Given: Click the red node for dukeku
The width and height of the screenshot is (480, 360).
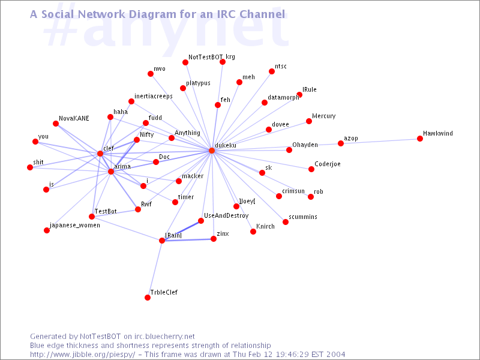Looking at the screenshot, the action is pyautogui.click(x=212, y=151).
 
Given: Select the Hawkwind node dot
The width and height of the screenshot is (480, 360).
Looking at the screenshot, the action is pyautogui.click(x=420, y=139).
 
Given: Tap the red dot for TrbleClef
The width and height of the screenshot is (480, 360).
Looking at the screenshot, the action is pyautogui.click(x=148, y=298).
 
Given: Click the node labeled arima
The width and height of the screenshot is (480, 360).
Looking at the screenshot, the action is pyautogui.click(x=111, y=172).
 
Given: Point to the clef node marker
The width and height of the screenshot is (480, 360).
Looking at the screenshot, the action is pyautogui.click(x=100, y=154).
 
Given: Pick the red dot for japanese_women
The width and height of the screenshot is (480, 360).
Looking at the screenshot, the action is pyautogui.click(x=47, y=230).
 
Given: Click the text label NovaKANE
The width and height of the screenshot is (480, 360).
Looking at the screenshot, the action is pyautogui.click(x=74, y=118).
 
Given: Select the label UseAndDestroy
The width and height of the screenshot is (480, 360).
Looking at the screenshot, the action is pyautogui.click(x=226, y=215).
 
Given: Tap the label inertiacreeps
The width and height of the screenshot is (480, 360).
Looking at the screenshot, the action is pyautogui.click(x=154, y=96).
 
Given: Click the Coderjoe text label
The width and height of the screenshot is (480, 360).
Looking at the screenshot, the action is pyautogui.click(x=328, y=164).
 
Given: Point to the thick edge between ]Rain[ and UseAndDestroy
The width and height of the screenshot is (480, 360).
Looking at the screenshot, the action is pyautogui.click(x=182, y=231).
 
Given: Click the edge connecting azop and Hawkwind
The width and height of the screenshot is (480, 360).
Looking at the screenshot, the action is pyautogui.click(x=380, y=141).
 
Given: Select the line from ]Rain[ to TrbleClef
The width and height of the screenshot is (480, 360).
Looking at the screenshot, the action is pyautogui.click(x=155, y=269).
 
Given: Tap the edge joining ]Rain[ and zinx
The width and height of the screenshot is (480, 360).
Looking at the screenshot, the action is pyautogui.click(x=188, y=239).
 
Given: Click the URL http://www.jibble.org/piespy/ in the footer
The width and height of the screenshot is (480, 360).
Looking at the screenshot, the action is pyautogui.click(x=82, y=355).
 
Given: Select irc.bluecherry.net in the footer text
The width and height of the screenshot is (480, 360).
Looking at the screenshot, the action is pyautogui.click(x=164, y=337).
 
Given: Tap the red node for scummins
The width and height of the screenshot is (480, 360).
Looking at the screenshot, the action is pyautogui.click(x=286, y=222).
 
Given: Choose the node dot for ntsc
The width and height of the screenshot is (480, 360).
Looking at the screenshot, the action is pyautogui.click(x=272, y=71).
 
